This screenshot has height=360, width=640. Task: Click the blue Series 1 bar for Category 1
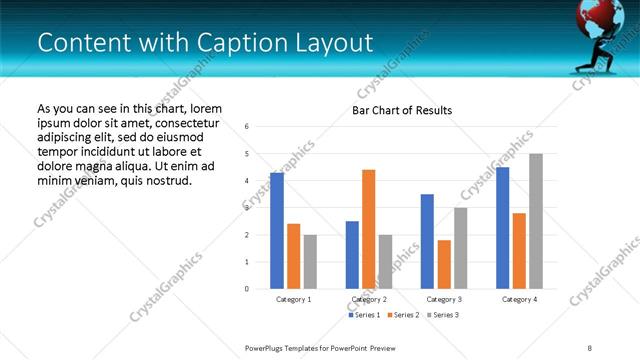(x=277, y=231)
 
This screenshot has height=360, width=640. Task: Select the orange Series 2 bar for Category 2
(x=368, y=229)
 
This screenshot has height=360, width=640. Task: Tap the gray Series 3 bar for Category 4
(x=536, y=221)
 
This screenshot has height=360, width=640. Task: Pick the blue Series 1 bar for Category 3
(x=427, y=241)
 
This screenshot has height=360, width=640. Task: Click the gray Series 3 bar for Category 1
(x=310, y=262)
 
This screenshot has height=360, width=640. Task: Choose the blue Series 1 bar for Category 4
(x=503, y=228)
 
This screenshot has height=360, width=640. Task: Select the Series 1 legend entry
(x=366, y=315)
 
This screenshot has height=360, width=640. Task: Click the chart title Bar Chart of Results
(x=402, y=110)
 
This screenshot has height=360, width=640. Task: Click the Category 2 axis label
(x=369, y=299)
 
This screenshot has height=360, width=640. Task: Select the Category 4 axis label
(x=519, y=299)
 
